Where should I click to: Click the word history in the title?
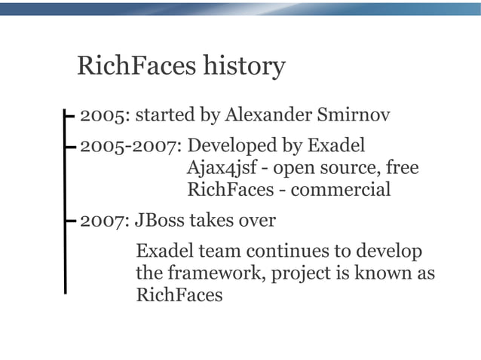tap(245, 66)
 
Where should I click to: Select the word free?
tap(402, 166)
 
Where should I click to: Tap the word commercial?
tap(341, 189)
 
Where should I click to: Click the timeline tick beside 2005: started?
tap(69, 116)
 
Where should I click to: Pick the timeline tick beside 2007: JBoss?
tap(69, 221)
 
